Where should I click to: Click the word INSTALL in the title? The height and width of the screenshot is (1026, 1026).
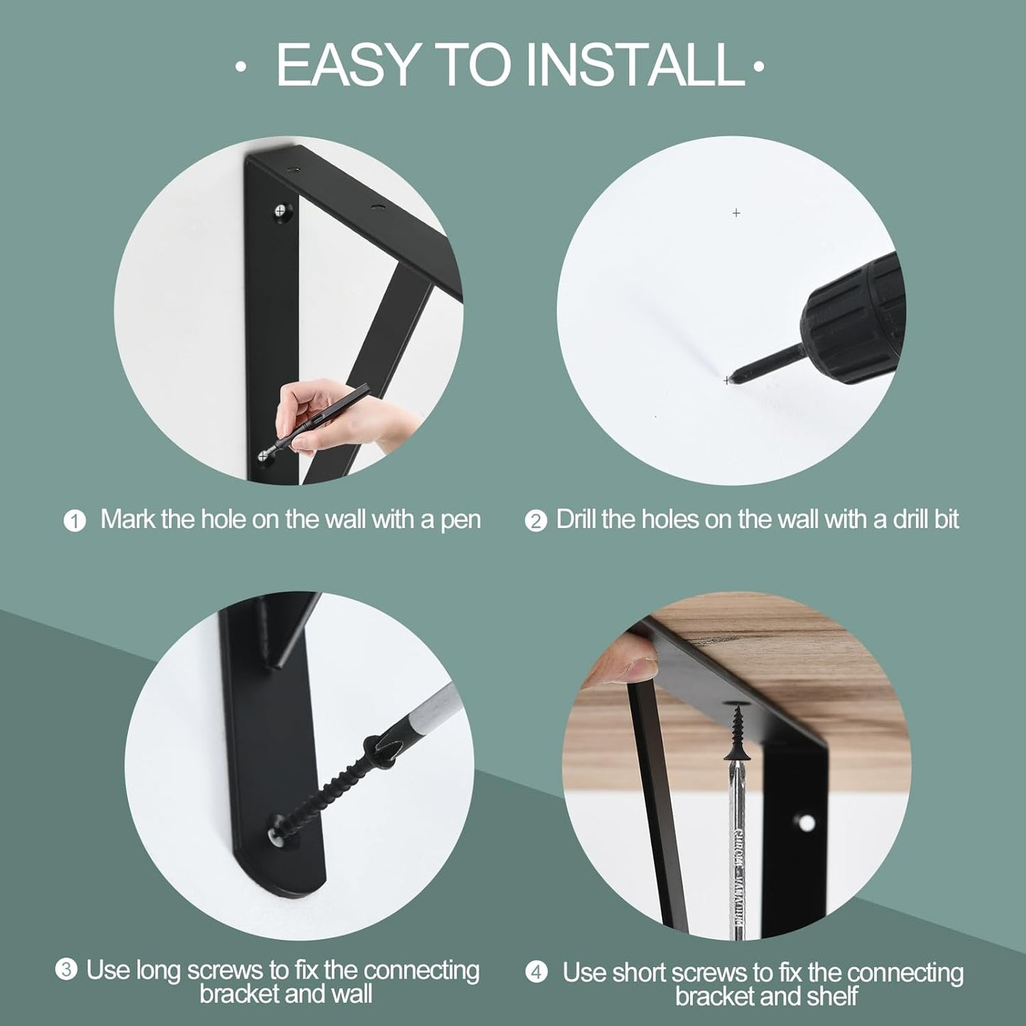(634, 66)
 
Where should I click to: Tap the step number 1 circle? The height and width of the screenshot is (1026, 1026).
(75, 521)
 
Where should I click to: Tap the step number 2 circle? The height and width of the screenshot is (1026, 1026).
(535, 521)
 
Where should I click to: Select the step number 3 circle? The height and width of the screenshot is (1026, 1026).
(66, 970)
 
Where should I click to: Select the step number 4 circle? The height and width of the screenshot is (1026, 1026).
(536, 972)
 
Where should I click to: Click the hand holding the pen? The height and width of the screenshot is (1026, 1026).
(334, 419)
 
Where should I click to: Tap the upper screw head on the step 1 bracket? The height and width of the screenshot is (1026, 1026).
(283, 212)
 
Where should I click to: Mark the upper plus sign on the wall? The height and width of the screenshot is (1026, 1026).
(736, 213)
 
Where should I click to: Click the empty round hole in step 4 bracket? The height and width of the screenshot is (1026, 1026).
(806, 823)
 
